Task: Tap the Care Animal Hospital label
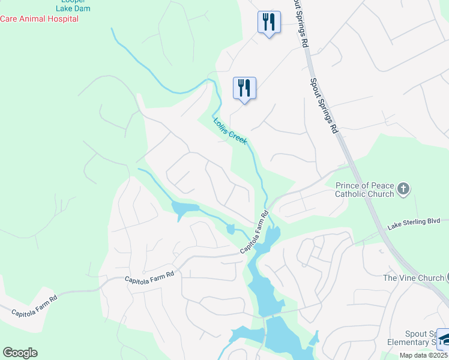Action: pyautogui.click(x=39, y=19)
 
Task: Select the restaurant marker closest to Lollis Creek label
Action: pyautogui.click(x=244, y=89)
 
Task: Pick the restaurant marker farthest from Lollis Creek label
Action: pyautogui.click(x=268, y=23)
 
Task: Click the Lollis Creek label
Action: pyautogui.click(x=231, y=130)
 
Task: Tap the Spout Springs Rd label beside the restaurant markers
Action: pyautogui.click(x=301, y=24)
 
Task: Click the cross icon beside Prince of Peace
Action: pyautogui.click(x=403, y=190)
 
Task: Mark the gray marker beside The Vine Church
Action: pyautogui.click(x=447, y=277)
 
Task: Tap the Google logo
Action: pyautogui.click(x=20, y=353)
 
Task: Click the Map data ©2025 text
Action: pyautogui.click(x=423, y=355)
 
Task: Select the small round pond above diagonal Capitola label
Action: pyautogui.click(x=231, y=229)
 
